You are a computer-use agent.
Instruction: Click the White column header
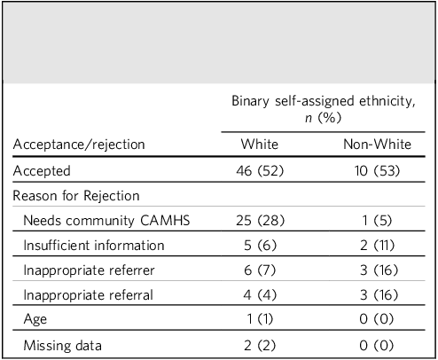pyautogui.click(x=260, y=145)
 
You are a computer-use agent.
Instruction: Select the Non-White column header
pyautogui.click(x=377, y=145)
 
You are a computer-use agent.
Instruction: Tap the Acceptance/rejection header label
pyautogui.click(x=79, y=145)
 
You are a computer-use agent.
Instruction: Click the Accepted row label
pyautogui.click(x=42, y=171)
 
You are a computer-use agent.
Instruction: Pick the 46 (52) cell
pyautogui.click(x=260, y=171)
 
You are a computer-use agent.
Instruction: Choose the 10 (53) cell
pyautogui.click(x=377, y=171)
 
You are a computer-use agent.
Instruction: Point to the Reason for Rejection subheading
pyautogui.click(x=76, y=196)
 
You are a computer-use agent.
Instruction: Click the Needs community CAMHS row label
pyautogui.click(x=106, y=221)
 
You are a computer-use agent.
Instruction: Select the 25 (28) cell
pyautogui.click(x=260, y=221)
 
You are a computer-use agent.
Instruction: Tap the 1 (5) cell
pyautogui.click(x=377, y=221)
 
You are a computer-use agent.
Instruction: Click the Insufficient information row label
pyautogui.click(x=94, y=246)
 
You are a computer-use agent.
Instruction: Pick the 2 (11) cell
pyautogui.click(x=377, y=246)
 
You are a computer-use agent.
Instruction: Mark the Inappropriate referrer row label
pyautogui.click(x=89, y=270)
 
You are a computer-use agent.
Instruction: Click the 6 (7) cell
pyautogui.click(x=260, y=270)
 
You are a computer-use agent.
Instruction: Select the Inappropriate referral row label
pyautogui.click(x=88, y=295)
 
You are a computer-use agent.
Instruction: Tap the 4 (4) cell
pyautogui.click(x=260, y=295)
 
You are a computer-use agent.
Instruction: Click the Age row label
pyautogui.click(x=35, y=319)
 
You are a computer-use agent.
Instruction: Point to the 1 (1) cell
pyautogui.click(x=260, y=319)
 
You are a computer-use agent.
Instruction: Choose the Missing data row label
pyautogui.click(x=62, y=346)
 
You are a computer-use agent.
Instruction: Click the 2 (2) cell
pyautogui.click(x=260, y=346)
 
